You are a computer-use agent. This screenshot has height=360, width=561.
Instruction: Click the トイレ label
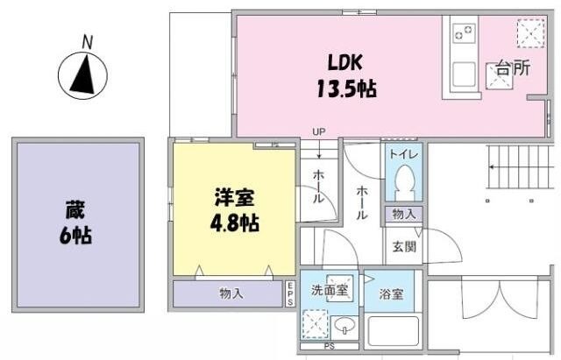tap(404, 155)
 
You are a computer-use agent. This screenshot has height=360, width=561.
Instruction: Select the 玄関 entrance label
tap(404, 246)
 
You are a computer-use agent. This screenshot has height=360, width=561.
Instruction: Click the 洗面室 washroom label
tap(330, 290)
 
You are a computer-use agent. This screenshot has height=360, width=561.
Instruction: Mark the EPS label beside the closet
tap(291, 294)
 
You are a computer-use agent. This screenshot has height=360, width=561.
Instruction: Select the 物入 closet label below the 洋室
tap(231, 295)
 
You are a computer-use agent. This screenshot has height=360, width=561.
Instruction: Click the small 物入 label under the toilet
tap(404, 215)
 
